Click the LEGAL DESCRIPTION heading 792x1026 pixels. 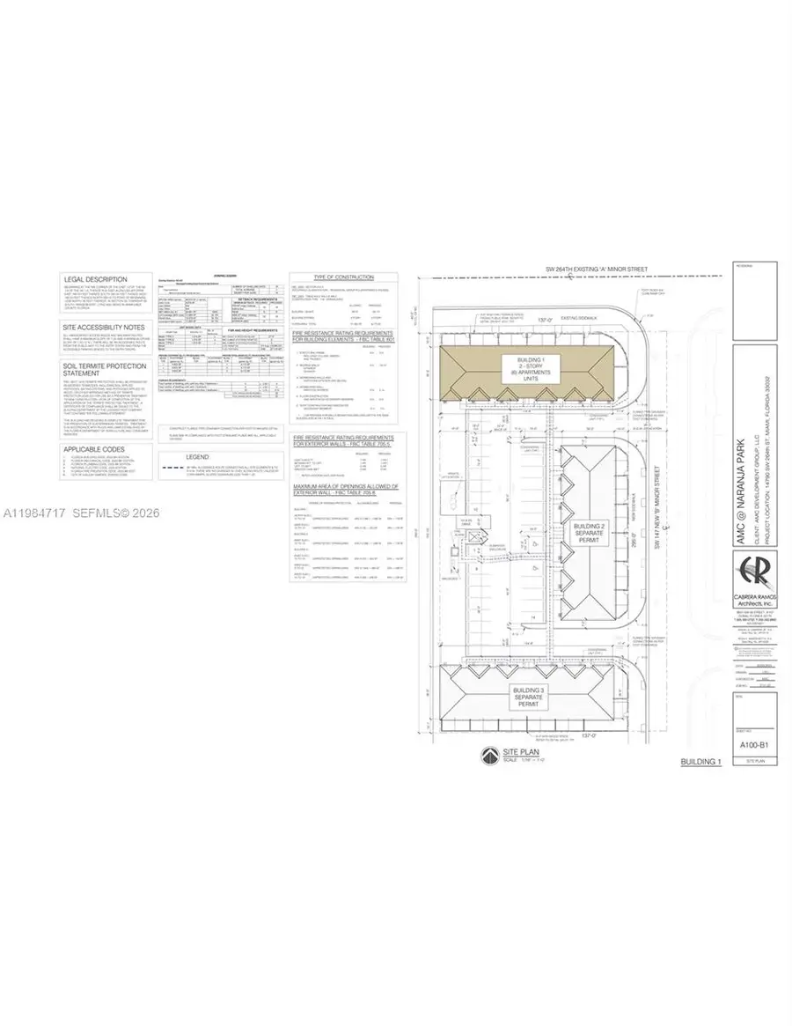click(96, 279)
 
